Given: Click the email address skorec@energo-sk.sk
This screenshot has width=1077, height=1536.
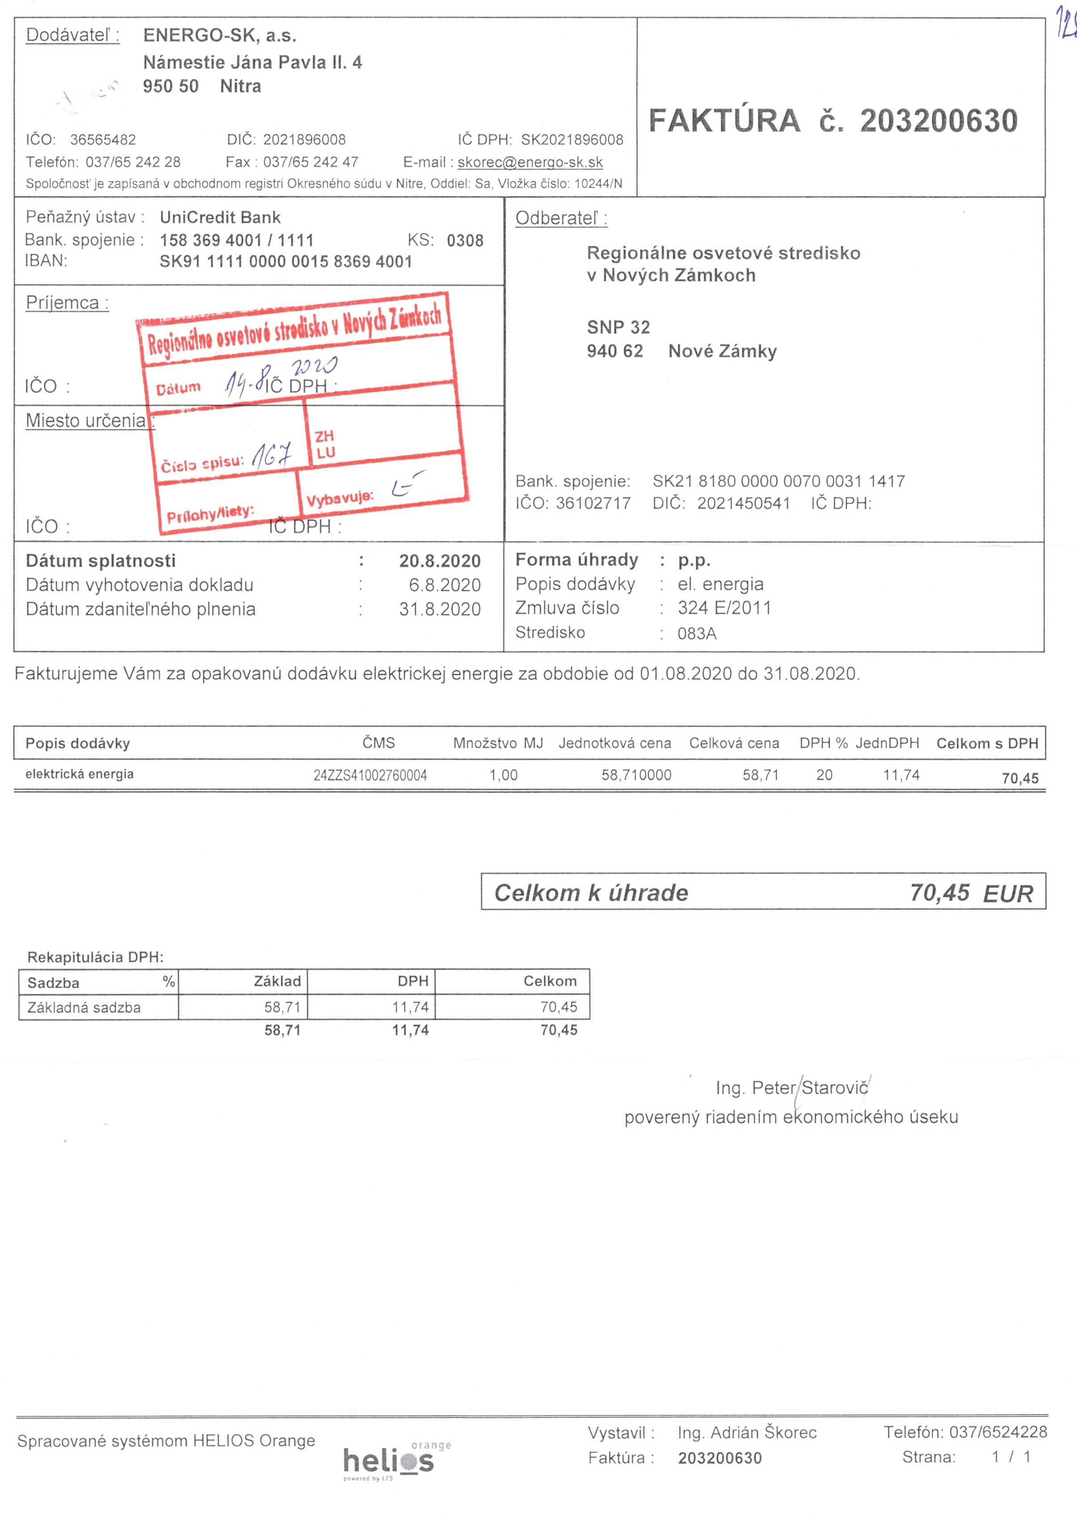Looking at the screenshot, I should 530,163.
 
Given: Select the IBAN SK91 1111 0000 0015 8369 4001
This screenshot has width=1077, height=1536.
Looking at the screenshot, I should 286,261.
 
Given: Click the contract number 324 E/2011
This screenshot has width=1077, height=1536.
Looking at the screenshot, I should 724,608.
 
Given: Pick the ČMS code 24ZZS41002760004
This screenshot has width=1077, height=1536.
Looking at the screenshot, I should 370,775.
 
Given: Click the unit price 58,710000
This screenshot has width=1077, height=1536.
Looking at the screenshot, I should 636,774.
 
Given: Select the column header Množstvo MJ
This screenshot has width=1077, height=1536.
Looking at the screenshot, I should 498,743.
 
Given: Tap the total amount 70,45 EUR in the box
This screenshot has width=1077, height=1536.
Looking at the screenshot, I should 971,892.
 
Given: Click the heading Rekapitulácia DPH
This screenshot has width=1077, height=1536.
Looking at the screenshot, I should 96,957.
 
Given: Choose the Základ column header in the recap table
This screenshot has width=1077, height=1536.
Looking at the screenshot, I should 277,981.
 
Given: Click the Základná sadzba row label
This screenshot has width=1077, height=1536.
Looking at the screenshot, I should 84,1007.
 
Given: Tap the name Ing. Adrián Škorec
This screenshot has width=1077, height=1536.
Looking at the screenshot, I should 747,1432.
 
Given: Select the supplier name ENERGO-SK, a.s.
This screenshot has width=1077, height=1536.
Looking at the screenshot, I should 220,35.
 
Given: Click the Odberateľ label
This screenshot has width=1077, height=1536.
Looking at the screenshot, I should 561,219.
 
